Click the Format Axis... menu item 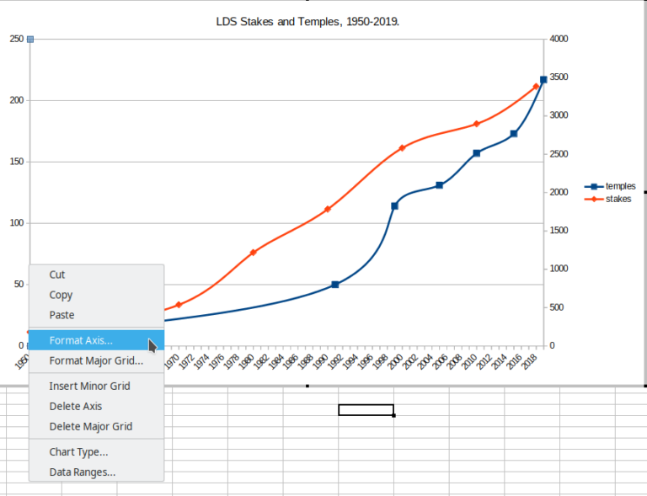(x=81, y=340)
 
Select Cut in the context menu (x=57, y=275)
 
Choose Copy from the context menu (x=61, y=295)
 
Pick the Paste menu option (x=61, y=315)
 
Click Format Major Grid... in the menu (x=96, y=360)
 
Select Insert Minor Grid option (x=89, y=386)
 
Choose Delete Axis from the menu (x=76, y=406)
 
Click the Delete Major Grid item (x=91, y=426)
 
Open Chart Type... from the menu (x=78, y=452)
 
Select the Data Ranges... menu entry (x=83, y=472)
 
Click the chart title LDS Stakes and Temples (x=307, y=19)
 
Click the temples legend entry (x=620, y=186)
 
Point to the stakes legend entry (x=618, y=199)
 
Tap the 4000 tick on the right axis (x=559, y=39)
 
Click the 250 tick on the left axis (x=16, y=39)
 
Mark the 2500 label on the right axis (x=559, y=154)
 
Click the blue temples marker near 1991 (x=335, y=285)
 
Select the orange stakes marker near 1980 (x=253, y=253)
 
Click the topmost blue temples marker (x=543, y=80)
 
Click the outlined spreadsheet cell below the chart (x=366, y=410)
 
